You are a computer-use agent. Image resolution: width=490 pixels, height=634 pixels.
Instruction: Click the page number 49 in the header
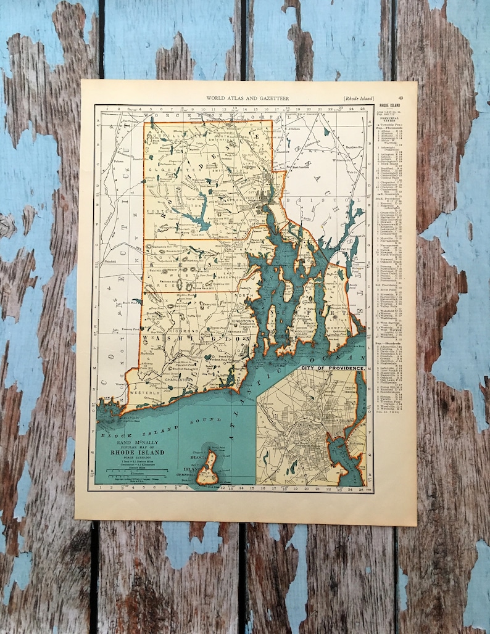click(401, 97)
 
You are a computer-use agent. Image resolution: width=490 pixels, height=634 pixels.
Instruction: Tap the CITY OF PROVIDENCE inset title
click(333, 369)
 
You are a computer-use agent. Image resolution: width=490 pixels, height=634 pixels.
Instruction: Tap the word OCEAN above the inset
click(338, 358)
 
